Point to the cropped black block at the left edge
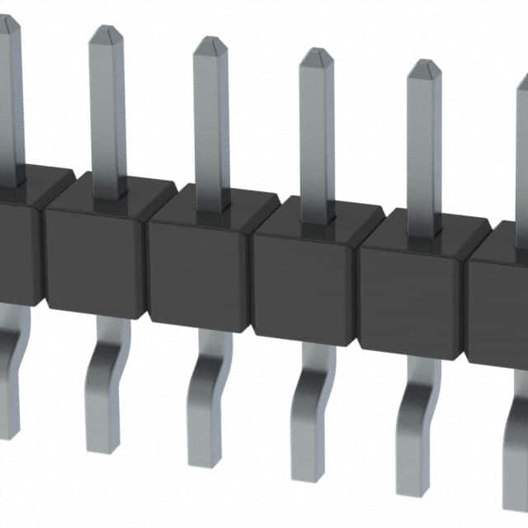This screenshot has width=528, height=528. pyautogui.click(x=16, y=247)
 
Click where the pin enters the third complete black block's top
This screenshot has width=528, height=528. pyautogui.click(x=317, y=223)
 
